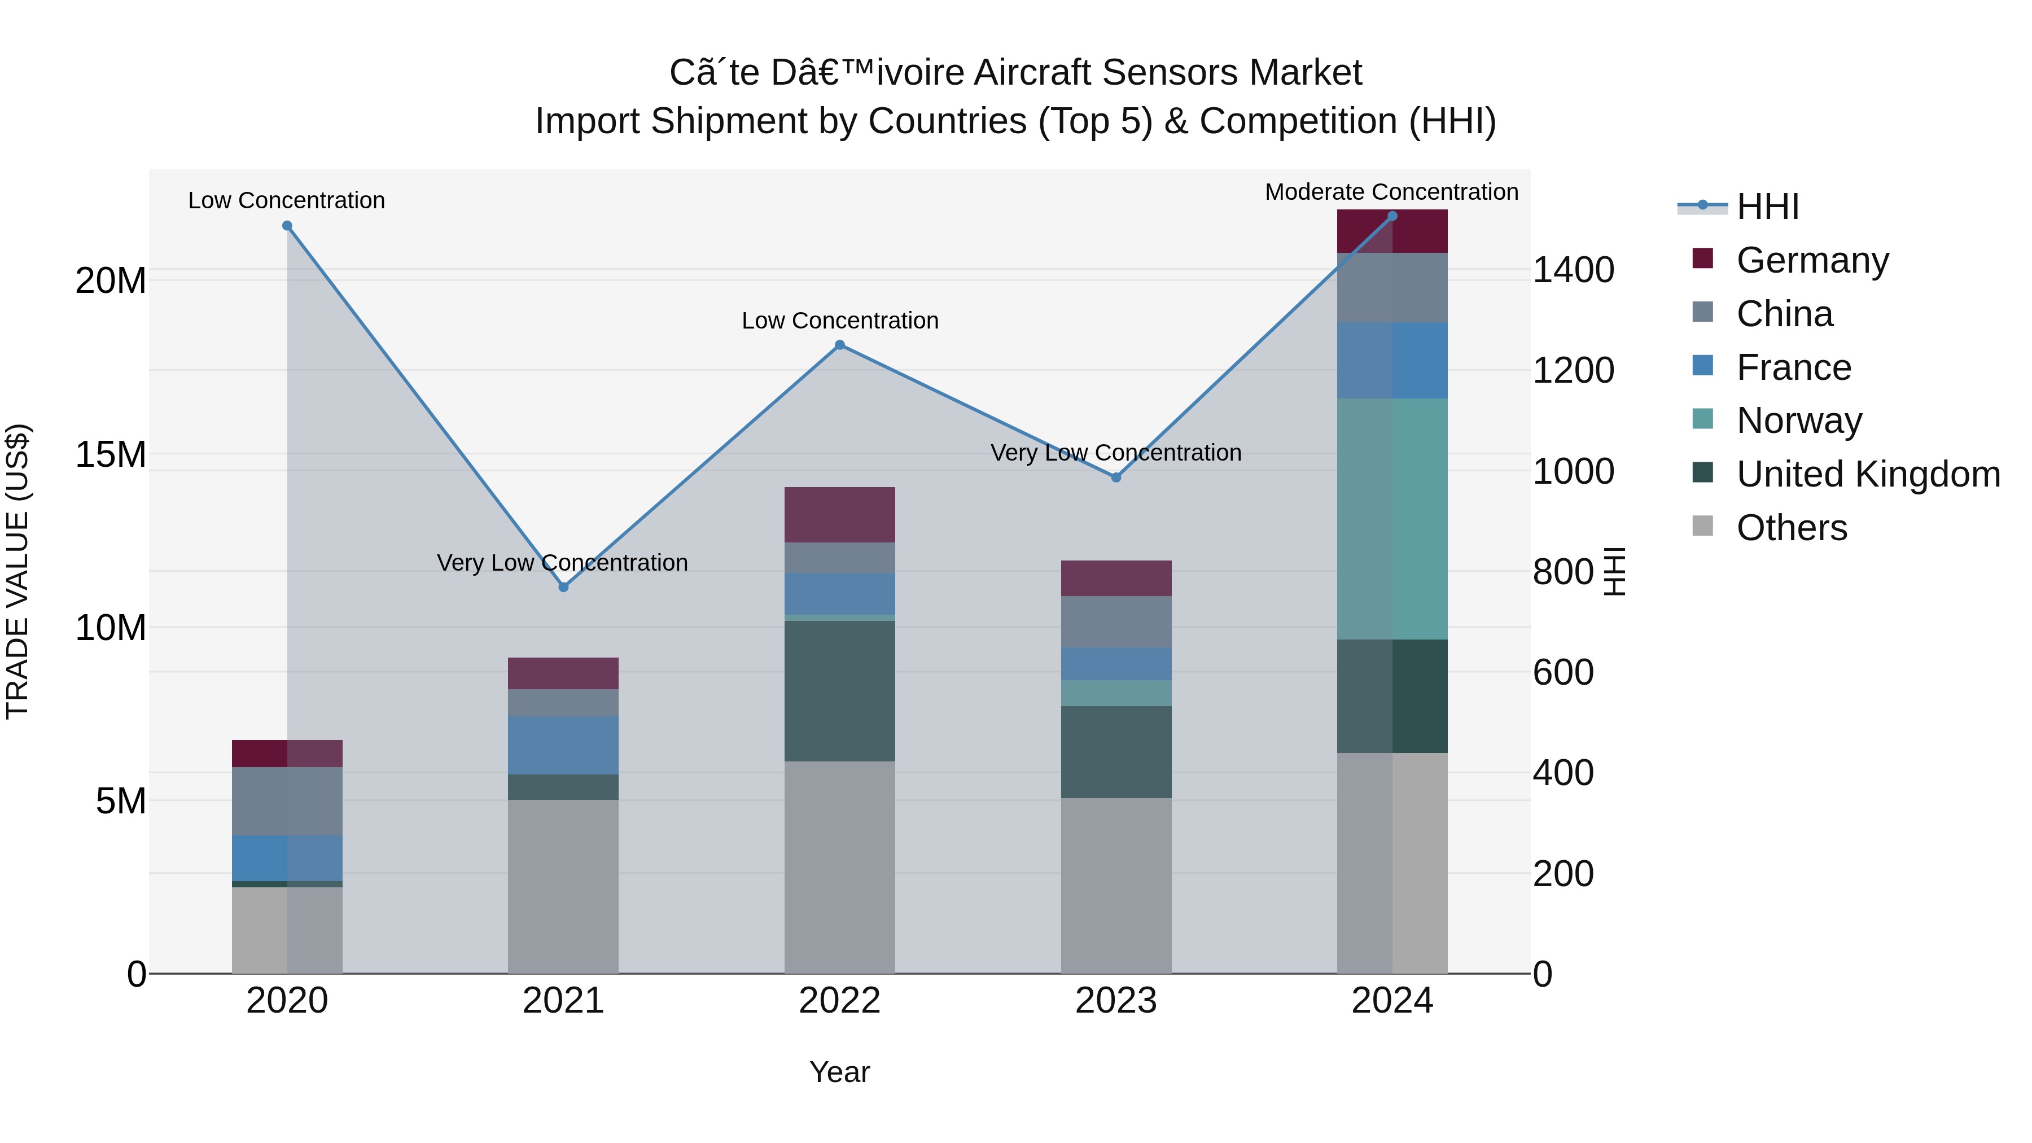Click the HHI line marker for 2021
(563, 587)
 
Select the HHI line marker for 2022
(839, 345)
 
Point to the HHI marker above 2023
(1115, 477)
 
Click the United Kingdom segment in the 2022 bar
(839, 690)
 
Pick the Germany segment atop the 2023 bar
(1115, 577)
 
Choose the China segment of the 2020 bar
(287, 800)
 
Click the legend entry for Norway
(1798, 421)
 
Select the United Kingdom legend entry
(1867, 474)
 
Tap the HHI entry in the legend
(1767, 207)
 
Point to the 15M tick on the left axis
(111, 454)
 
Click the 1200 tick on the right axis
(1573, 371)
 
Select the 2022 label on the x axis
(839, 1000)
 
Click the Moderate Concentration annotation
(1391, 192)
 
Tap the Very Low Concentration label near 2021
(562, 562)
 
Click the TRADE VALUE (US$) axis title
(18, 571)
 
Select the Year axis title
(839, 1072)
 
